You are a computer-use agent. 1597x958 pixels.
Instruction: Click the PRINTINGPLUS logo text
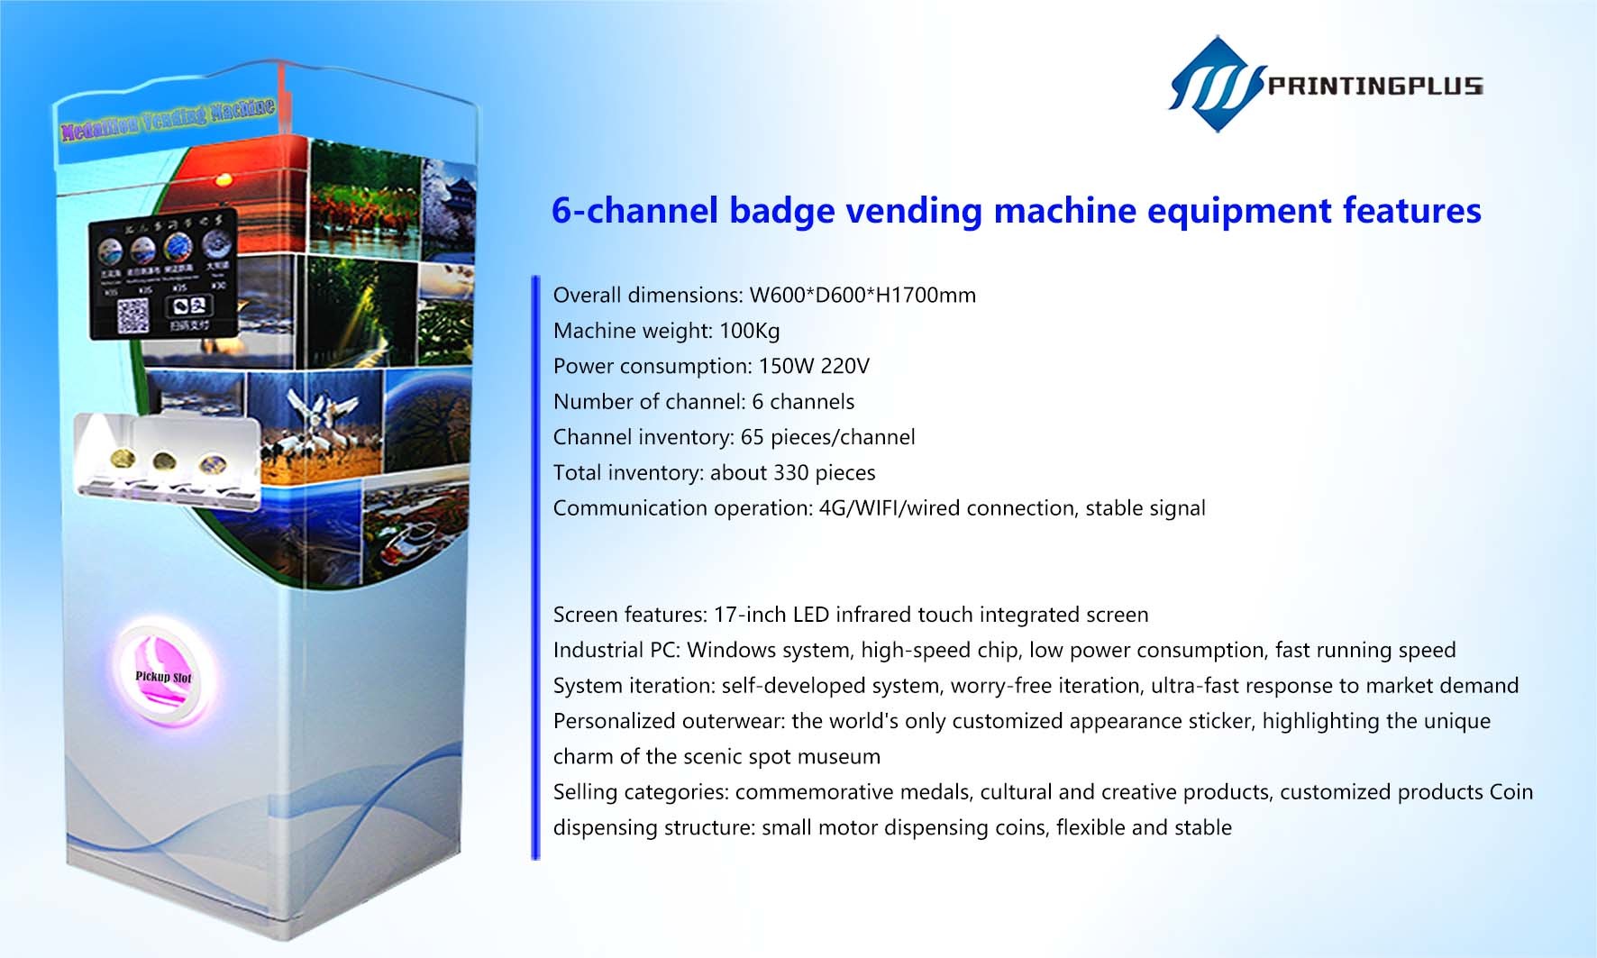(x=1374, y=86)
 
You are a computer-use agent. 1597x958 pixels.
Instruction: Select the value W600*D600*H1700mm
(x=862, y=295)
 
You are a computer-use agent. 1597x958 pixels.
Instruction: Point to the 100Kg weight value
(x=749, y=331)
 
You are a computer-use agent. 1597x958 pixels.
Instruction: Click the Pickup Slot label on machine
(x=163, y=676)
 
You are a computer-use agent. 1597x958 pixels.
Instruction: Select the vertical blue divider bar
(x=535, y=568)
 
